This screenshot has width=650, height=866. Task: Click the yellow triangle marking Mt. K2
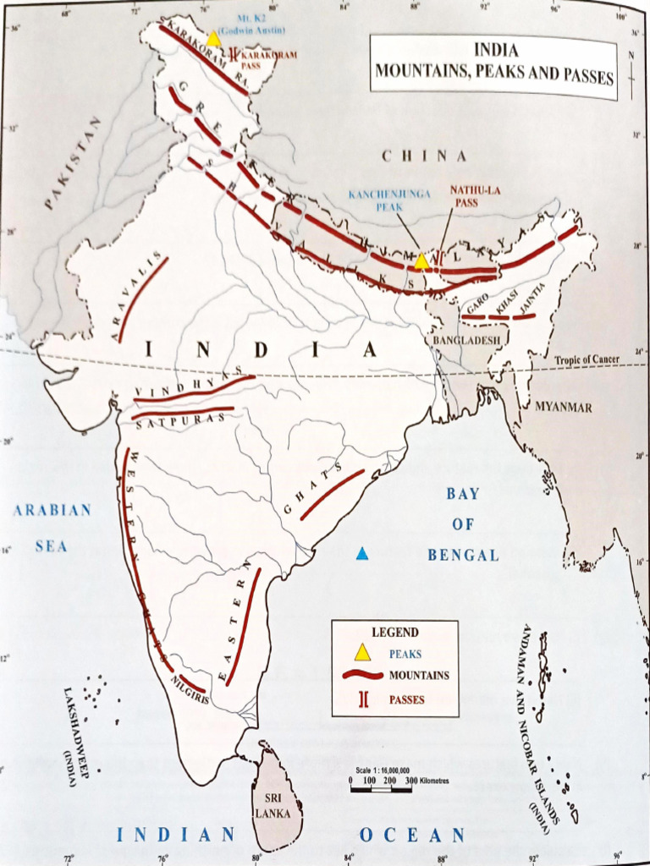tap(214, 38)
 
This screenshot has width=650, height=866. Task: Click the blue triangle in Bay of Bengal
tap(362, 554)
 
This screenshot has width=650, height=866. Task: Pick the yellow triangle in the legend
tap(362, 652)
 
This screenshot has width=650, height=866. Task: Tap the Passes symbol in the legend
tap(362, 699)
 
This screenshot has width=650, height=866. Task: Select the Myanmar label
tap(563, 407)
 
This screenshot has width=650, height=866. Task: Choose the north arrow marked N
tap(631, 68)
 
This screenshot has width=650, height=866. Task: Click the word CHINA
tap(424, 156)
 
